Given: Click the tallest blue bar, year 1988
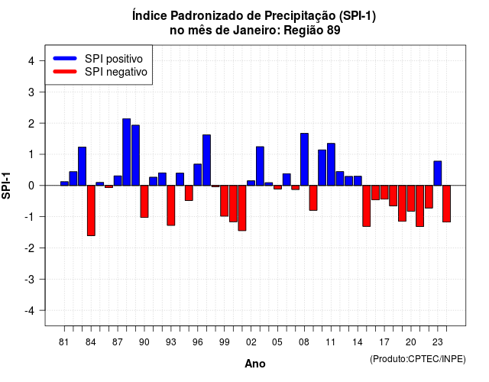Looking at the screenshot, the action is [127, 152].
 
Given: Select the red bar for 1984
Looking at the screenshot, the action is [91, 211].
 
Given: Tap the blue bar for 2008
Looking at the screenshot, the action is [304, 160].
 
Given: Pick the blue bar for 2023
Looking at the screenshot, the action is [438, 173].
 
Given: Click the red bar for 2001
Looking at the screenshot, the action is [242, 208].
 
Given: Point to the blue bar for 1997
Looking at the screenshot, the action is [207, 160].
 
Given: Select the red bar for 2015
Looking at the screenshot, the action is [367, 206].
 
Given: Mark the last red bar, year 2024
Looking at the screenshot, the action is [446, 204].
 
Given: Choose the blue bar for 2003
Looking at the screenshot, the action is [260, 167].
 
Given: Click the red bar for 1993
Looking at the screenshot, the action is [171, 206].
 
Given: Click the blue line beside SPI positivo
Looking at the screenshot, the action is [65, 58].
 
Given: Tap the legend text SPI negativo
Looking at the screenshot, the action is [116, 72].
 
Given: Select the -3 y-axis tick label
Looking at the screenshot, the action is [30, 280].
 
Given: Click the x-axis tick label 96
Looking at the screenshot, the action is [197, 342].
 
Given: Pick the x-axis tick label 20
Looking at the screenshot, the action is [411, 342].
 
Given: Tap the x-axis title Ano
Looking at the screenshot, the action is [255, 364].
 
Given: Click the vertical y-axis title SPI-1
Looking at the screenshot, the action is [6, 186].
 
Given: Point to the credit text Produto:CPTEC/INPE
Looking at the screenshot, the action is [418, 359].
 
